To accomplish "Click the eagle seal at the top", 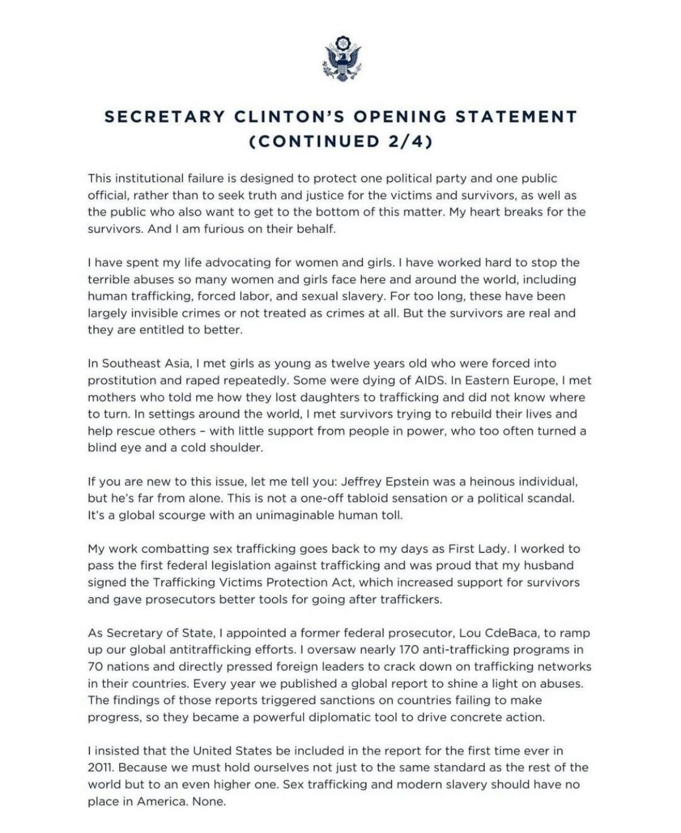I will tap(342, 59).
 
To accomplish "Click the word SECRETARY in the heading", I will tap(165, 116).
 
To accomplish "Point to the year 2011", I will tap(100, 768).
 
